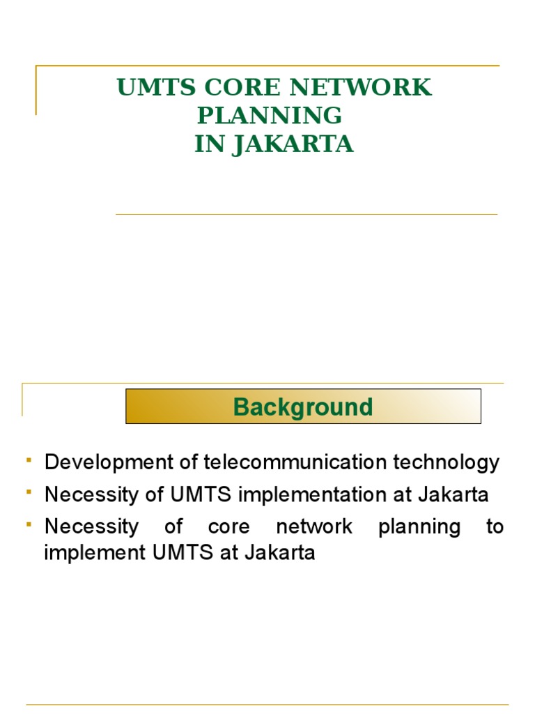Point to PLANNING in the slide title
tap(270, 116)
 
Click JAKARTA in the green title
tap(293, 144)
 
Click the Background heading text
tap(303, 407)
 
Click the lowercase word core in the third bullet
tap(228, 526)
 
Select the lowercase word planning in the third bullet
tap(419, 526)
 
